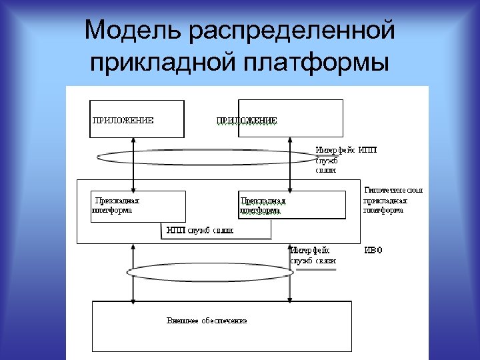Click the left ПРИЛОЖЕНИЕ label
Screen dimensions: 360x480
(x=123, y=121)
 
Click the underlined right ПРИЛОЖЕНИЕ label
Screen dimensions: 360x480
(x=247, y=121)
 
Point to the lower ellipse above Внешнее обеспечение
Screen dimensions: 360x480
(x=201, y=272)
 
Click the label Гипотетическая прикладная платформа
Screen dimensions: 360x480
(x=393, y=200)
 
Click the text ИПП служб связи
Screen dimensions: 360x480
(x=200, y=231)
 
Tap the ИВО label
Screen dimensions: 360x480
(x=373, y=251)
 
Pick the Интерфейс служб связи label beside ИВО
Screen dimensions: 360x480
(x=313, y=255)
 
